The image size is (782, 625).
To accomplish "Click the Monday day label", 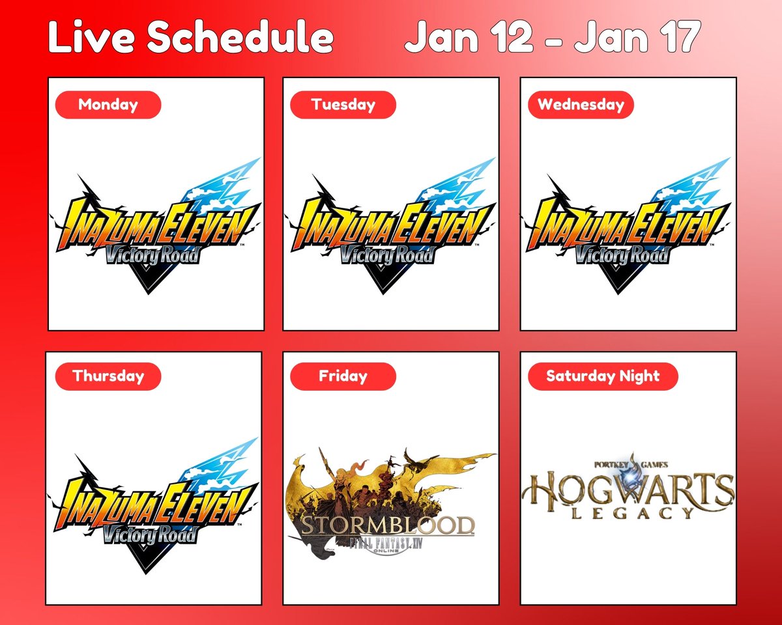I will click(108, 105).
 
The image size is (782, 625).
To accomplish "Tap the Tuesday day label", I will click(343, 105).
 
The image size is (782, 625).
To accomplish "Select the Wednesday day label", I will click(580, 105).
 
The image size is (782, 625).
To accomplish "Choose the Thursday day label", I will click(108, 376).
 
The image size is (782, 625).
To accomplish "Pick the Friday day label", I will click(343, 376).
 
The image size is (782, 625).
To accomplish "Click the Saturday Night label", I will click(602, 376).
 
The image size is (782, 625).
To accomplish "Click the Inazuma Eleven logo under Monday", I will click(156, 228).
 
